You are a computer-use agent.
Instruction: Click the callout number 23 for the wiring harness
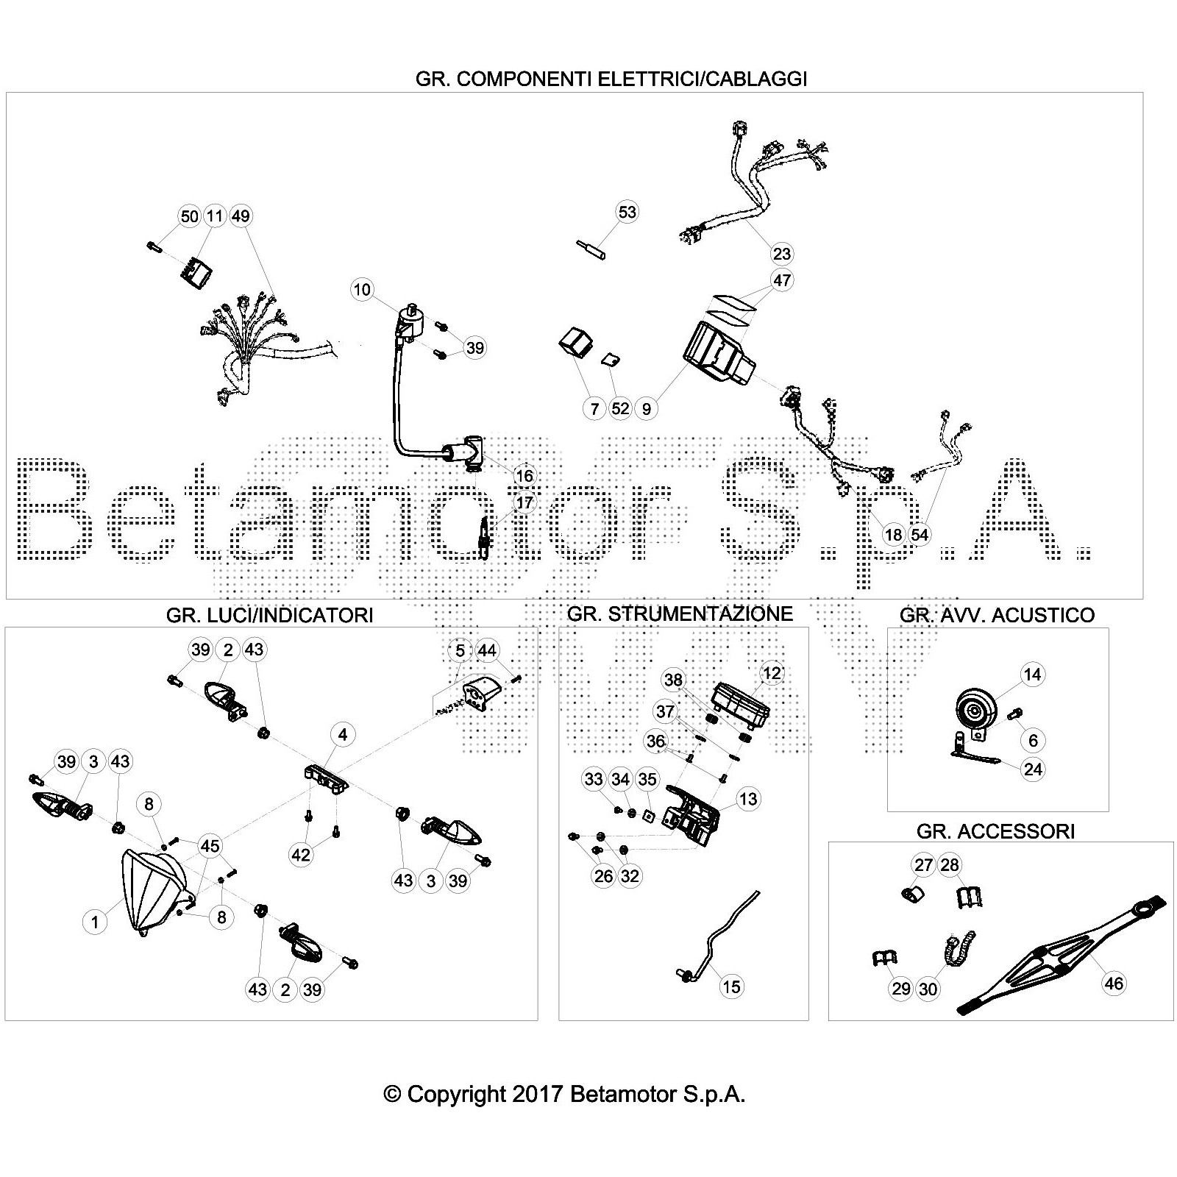pos(782,254)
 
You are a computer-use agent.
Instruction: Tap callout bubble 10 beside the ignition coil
pos(362,289)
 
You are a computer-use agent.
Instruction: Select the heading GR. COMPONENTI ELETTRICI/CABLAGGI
pos(611,79)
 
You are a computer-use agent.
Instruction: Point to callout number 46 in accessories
pos(1114,984)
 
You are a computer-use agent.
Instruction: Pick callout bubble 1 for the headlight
pos(95,922)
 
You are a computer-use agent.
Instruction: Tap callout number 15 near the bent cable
pos(731,986)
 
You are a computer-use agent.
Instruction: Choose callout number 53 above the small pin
pos(627,212)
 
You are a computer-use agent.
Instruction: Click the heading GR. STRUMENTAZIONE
pos(680,614)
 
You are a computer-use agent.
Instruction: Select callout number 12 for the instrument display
pos(772,672)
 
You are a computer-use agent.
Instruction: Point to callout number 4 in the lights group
pos(342,733)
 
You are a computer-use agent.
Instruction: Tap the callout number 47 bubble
pos(781,280)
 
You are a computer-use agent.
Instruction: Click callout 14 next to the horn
pos(1032,675)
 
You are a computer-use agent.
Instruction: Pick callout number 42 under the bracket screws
pos(301,854)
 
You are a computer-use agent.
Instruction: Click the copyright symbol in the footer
pos(393,1094)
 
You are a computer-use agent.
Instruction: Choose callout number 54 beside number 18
pos(920,535)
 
